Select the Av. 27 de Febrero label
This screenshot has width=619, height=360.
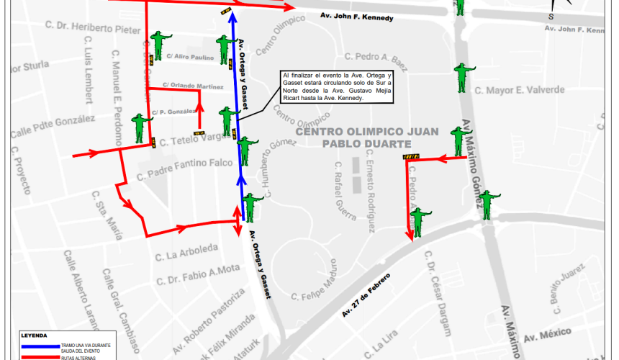[366, 295]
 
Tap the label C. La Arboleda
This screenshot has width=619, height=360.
[186, 252]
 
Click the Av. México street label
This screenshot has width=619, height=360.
[547, 336]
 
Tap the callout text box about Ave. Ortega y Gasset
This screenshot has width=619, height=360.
[337, 87]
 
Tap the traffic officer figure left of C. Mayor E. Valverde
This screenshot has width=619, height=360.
[463, 77]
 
